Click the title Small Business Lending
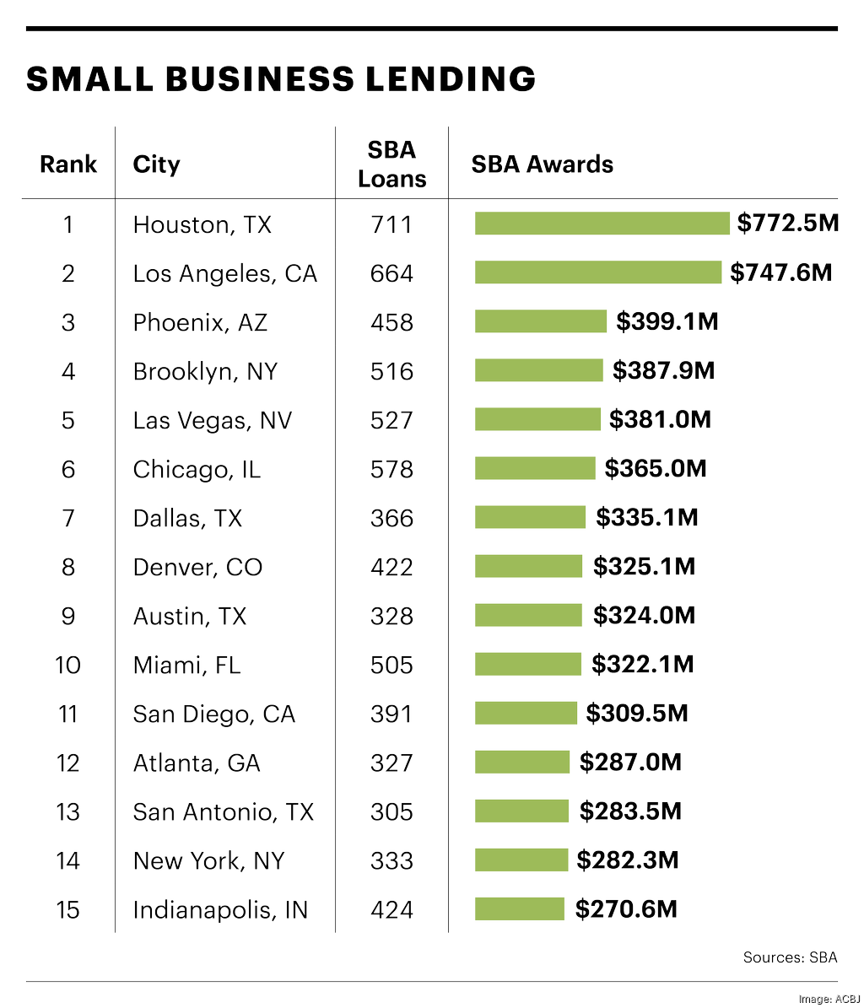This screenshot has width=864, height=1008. (281, 79)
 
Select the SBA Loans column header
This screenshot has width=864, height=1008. (391, 164)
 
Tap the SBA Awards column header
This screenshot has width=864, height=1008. (542, 164)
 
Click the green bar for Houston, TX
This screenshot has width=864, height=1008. (602, 224)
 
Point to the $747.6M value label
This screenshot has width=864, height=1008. (780, 272)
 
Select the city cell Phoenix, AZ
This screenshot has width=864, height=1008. (200, 322)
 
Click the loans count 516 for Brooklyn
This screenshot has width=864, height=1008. (391, 371)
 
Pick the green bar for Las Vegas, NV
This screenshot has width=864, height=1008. (537, 419)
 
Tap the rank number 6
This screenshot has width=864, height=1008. (68, 469)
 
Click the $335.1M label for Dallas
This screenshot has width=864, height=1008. (646, 517)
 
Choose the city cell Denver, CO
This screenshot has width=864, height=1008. (197, 567)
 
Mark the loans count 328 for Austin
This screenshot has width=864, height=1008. (391, 616)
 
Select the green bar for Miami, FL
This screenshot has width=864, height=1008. (527, 664)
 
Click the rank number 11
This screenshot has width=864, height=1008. (68, 714)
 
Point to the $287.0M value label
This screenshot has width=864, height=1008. (629, 763)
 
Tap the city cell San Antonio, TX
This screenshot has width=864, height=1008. (223, 811)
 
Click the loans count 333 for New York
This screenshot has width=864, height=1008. (391, 860)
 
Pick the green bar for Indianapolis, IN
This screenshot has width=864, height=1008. (519, 908)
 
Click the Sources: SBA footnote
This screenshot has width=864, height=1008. (790, 957)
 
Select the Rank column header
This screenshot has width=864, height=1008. (68, 164)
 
